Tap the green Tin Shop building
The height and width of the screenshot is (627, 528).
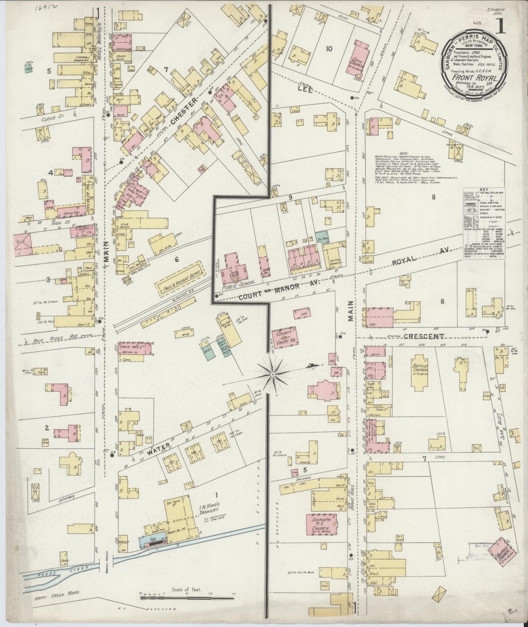click(x=321, y=237)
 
